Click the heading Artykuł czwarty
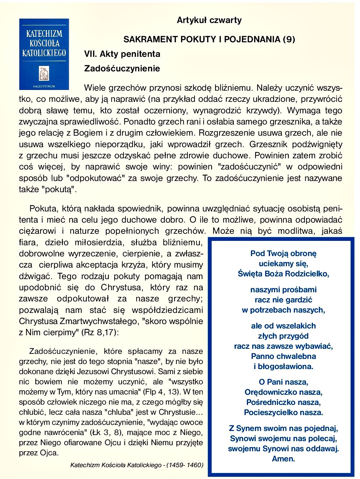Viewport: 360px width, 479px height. click(x=209, y=20)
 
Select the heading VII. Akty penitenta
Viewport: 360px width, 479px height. click(x=122, y=54)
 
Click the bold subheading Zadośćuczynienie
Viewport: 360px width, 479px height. click(x=122, y=69)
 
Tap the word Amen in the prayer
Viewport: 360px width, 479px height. click(x=284, y=459)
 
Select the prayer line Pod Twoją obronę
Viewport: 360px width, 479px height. click(x=284, y=253)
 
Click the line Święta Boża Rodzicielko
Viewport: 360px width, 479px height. click(x=284, y=274)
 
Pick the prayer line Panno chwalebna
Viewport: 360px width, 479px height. click(x=284, y=356)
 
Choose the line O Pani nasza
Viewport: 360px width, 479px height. click(x=284, y=382)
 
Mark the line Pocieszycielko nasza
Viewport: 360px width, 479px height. click(x=284, y=413)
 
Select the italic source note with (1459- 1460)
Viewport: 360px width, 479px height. click(x=137, y=465)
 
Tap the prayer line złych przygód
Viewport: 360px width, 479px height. click(x=284, y=336)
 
